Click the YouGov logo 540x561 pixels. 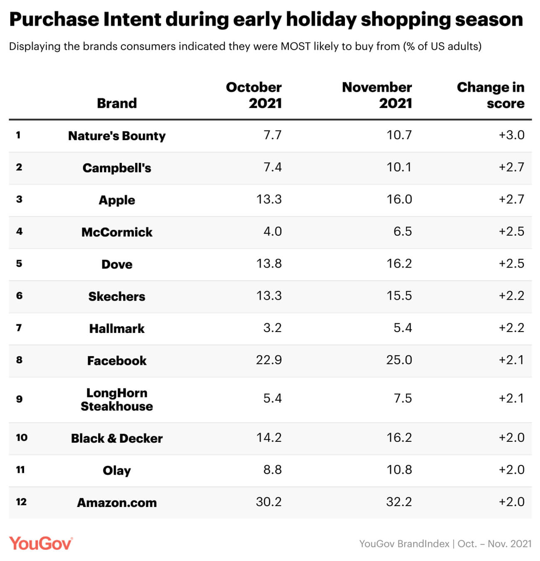[41, 544]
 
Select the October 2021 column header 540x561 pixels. [254, 95]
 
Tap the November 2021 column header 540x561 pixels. [377, 95]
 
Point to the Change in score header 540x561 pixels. [490, 95]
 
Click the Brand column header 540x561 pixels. [117, 103]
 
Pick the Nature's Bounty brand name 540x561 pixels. [117, 136]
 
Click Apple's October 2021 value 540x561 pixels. [269, 199]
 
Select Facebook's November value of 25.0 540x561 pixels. [399, 360]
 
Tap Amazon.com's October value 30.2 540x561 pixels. [269, 502]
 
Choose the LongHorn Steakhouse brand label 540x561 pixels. [117, 399]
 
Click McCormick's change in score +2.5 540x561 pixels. [511, 231]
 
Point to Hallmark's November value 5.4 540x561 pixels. [403, 328]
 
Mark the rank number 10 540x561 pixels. [22, 438]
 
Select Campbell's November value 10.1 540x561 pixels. [399, 167]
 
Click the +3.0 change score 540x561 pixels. [511, 135]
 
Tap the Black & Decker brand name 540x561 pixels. [117, 438]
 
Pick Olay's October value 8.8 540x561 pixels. [272, 470]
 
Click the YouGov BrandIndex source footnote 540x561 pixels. [445, 544]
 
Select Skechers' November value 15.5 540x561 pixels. [399, 296]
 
